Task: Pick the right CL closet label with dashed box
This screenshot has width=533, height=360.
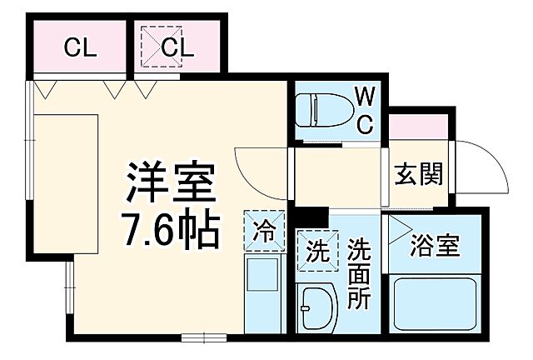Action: coord(176,47)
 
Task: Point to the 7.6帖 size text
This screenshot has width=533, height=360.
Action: coord(172,228)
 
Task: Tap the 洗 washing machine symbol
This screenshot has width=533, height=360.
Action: coord(318,249)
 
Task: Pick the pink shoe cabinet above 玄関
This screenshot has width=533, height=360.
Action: coord(421,128)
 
